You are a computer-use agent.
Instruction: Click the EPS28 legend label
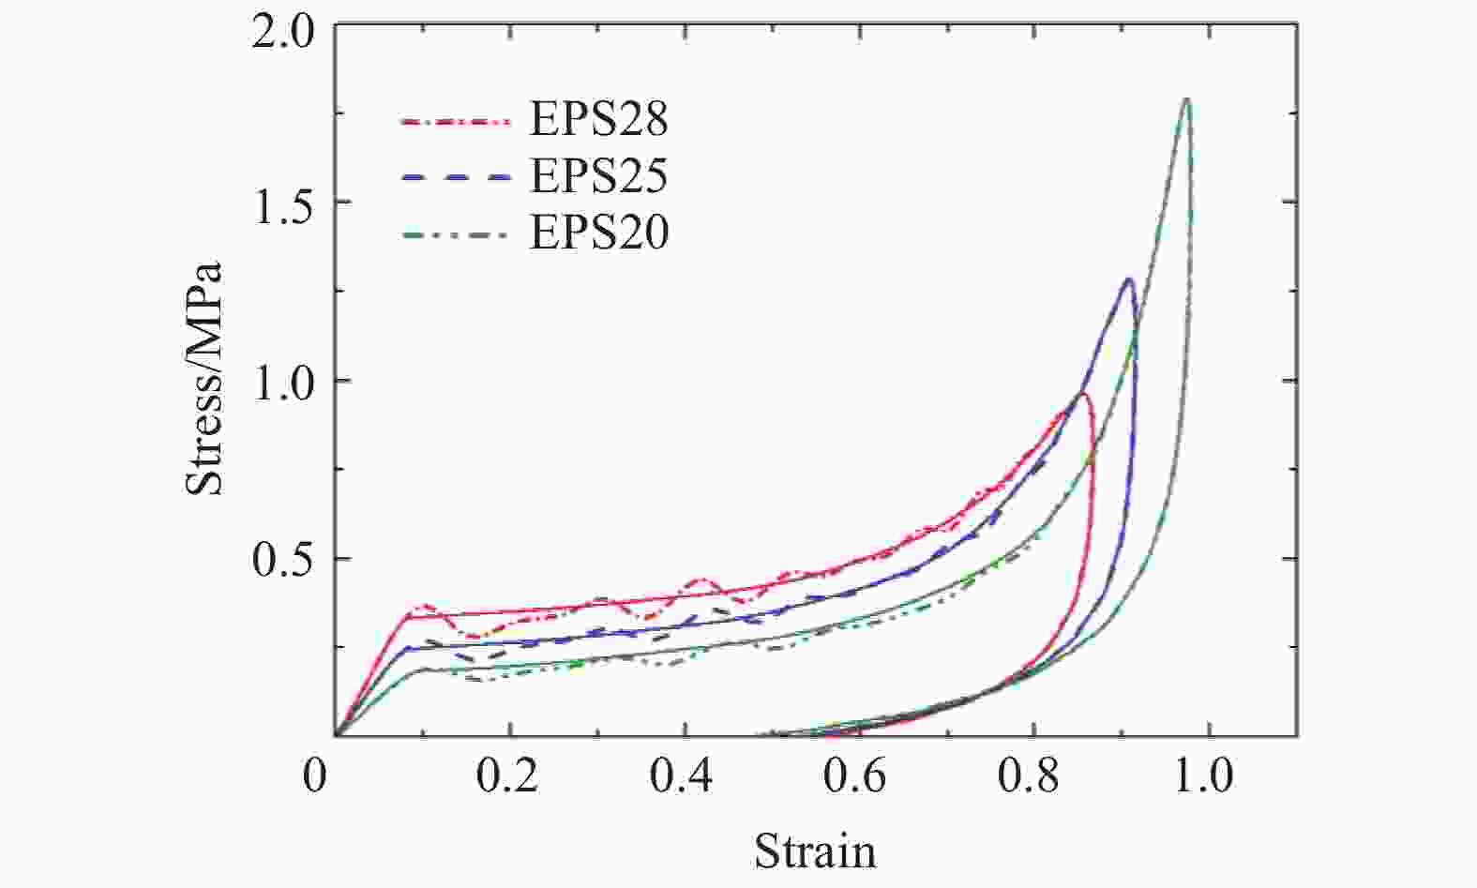(x=598, y=120)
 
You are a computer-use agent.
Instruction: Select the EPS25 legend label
(x=598, y=176)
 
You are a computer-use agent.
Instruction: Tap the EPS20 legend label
(x=598, y=233)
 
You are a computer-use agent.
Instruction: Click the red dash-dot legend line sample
(x=457, y=121)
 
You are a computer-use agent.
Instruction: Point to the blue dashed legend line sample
(x=457, y=177)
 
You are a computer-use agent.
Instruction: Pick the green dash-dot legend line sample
(x=457, y=233)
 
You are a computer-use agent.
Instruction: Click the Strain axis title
(x=815, y=851)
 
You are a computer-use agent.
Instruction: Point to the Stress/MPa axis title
(x=204, y=377)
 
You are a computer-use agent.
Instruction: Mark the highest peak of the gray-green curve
(x=1187, y=98)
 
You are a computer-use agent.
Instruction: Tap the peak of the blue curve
(x=1129, y=278)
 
